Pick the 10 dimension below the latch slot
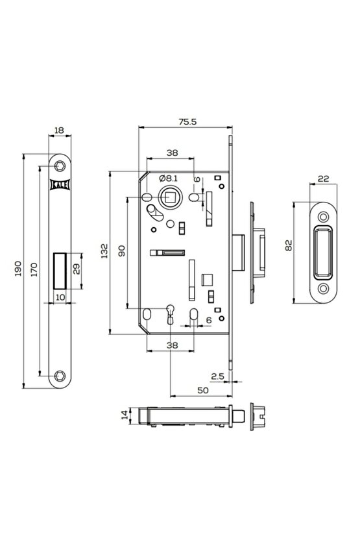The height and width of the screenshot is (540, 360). point(60,297)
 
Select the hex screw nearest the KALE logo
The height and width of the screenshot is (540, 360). point(61,166)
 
